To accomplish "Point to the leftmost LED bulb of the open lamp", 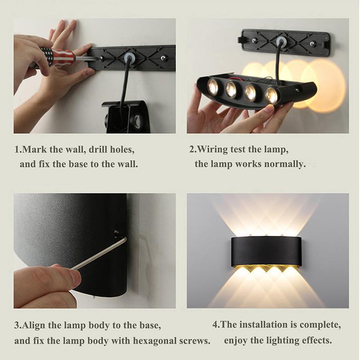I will click(x=212, y=86).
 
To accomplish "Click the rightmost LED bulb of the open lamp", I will click(x=271, y=95).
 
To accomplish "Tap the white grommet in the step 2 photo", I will click(x=282, y=42).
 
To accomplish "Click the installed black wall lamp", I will click(x=266, y=251).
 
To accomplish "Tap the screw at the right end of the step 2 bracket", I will click(x=312, y=44).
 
